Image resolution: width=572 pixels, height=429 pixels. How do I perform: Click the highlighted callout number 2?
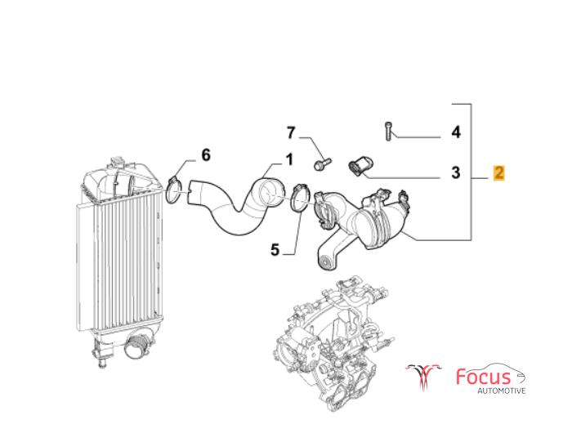[498, 172]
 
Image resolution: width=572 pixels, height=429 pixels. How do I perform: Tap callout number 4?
[456, 132]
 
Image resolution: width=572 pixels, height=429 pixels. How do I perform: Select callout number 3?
[456, 172]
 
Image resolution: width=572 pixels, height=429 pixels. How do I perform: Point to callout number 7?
[290, 132]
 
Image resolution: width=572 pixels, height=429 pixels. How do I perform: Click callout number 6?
[206, 155]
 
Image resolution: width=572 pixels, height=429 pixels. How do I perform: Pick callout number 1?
[289, 160]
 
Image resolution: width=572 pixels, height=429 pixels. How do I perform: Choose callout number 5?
[275, 250]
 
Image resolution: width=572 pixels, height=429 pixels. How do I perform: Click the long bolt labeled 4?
[388, 132]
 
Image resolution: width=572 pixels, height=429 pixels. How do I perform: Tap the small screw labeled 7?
[323, 163]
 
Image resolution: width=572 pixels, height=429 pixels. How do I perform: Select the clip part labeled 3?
[359, 166]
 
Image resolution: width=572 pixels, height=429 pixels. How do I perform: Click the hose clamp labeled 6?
[174, 190]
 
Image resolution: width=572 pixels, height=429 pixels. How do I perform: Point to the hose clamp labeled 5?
[301, 199]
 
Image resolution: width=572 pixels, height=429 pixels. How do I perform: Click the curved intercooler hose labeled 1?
[236, 205]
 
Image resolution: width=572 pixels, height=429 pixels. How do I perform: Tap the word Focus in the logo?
[483, 377]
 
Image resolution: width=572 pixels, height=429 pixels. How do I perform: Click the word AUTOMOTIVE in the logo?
[502, 391]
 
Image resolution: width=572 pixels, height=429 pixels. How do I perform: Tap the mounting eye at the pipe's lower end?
[326, 262]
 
